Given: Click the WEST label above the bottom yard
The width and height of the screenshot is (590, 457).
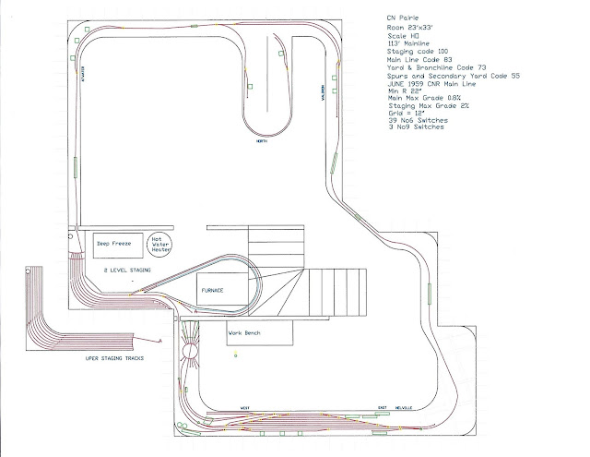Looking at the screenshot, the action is pos(245,406).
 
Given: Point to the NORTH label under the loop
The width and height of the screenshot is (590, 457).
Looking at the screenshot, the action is pos(265,142).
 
